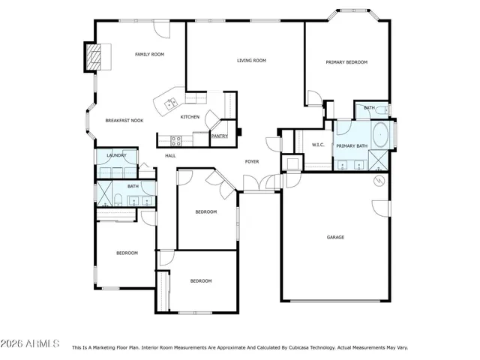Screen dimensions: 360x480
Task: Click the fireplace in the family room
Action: (92, 57)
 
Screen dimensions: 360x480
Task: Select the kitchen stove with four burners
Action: (176, 139)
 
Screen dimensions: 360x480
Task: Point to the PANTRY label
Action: (219, 136)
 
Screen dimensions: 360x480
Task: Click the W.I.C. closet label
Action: (317, 145)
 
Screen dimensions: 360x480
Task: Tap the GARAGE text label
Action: (335, 237)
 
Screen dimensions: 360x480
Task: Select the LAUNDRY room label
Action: (116, 155)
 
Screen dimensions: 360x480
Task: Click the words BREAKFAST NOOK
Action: (124, 121)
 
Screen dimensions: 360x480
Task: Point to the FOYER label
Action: (252, 161)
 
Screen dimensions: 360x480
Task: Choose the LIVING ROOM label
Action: (251, 61)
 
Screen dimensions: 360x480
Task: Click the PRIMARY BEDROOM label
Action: (346, 62)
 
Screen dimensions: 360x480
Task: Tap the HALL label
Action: (170, 155)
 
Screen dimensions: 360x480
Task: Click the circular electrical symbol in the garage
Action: (379, 181)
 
